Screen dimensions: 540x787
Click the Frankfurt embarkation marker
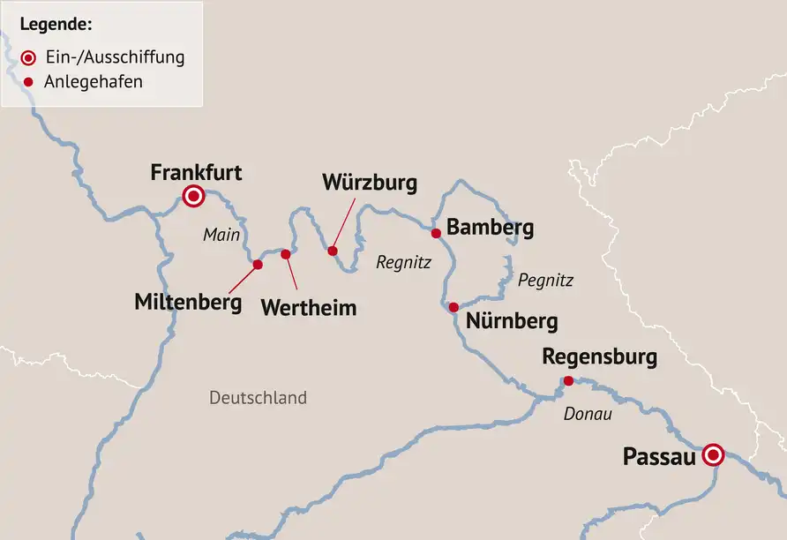(192, 196)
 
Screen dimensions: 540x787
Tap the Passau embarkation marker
(713, 455)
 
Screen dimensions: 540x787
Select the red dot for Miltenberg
(258, 265)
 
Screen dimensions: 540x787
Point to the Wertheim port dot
(286, 254)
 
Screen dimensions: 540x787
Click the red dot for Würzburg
(333, 251)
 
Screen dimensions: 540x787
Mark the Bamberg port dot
(435, 233)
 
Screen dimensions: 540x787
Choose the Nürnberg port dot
(453, 307)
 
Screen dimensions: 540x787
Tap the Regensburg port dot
(568, 381)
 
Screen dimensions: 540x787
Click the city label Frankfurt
(196, 172)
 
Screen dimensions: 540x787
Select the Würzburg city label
(369, 184)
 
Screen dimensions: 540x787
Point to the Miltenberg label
(188, 302)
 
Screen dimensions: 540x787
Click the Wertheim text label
(309, 308)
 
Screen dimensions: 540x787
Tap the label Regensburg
(599, 357)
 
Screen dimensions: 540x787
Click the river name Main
(221, 235)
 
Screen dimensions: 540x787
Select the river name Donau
(588, 413)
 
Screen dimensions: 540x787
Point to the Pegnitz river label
(545, 281)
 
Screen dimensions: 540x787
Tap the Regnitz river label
(402, 262)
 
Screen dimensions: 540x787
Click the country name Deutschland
(258, 398)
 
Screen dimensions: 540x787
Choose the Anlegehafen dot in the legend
(29, 82)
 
